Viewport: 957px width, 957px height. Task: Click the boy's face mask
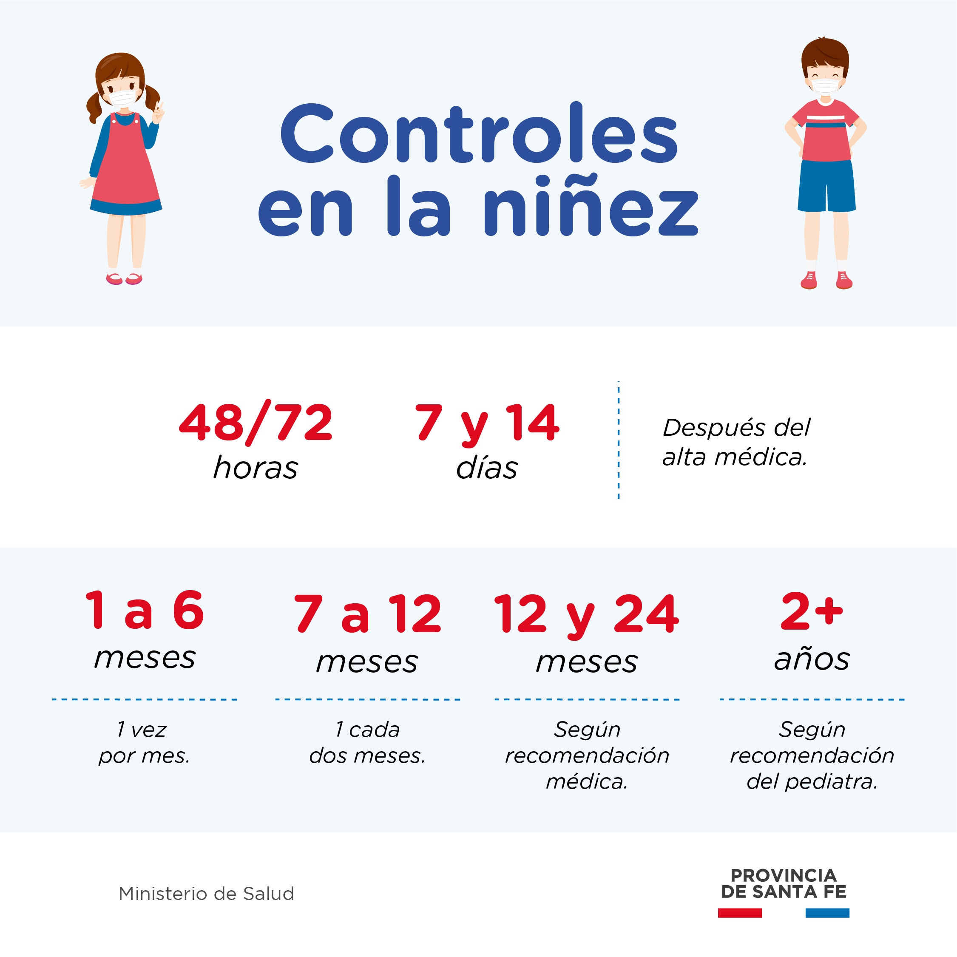point(825,86)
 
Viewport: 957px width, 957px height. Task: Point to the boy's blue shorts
point(826,186)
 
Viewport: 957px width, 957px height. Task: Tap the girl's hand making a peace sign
point(159,113)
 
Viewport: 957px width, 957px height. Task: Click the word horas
point(256,468)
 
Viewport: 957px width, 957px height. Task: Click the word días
point(487,468)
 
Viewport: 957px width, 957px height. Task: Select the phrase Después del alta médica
point(736,442)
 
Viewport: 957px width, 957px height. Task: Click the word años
point(812,659)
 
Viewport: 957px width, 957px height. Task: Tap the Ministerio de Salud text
point(207,894)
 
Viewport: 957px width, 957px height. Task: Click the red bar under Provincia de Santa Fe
point(740,913)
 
